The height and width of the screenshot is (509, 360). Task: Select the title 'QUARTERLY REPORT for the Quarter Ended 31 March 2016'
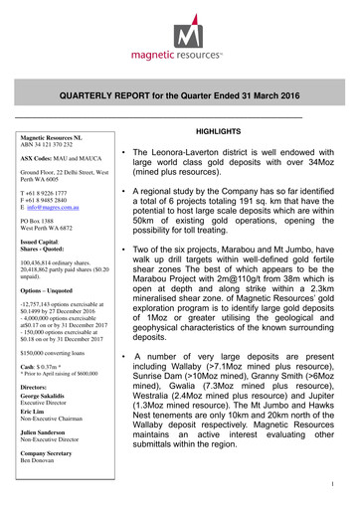180,95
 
